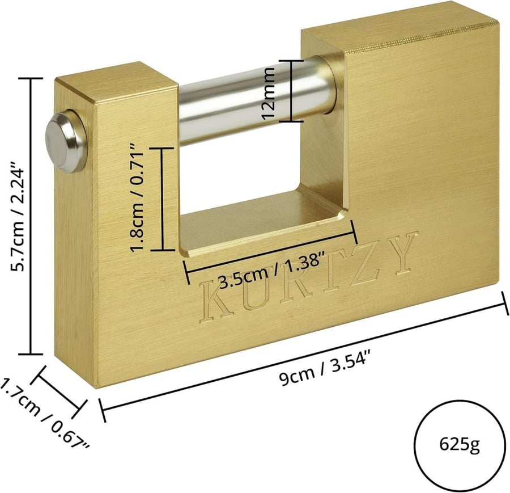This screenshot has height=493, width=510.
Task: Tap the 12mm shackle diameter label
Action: (x=270, y=93)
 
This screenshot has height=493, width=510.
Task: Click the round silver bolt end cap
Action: (x=65, y=141)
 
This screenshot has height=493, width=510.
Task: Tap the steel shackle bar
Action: (x=257, y=101)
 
